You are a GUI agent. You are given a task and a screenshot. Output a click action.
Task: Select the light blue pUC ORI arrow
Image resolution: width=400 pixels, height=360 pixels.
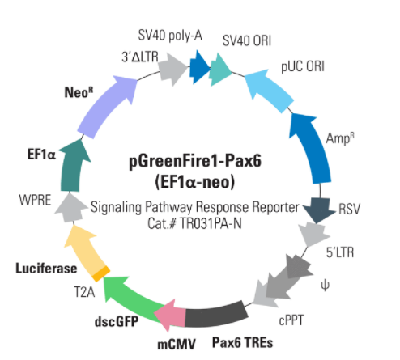coord(270,90)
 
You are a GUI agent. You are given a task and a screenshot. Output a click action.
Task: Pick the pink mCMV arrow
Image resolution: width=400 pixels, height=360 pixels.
coord(171,315)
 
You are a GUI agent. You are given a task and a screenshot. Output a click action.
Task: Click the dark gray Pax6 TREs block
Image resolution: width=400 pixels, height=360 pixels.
coord(216,314)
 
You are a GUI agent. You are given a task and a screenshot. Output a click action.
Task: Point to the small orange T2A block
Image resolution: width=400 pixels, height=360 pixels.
coord(101,273)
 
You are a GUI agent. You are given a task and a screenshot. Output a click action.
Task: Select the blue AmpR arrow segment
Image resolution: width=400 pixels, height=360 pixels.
coord(313,148)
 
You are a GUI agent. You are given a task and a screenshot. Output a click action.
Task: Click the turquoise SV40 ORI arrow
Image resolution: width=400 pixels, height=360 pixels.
coord(219,70)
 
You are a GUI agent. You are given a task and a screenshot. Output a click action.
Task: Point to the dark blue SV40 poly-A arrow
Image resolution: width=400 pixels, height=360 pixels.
coord(200,67)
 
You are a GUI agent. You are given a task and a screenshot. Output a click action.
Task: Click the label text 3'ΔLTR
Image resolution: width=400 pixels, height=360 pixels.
coord(140,57)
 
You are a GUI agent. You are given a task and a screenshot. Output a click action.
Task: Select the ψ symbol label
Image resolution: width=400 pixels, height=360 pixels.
coord(325,286)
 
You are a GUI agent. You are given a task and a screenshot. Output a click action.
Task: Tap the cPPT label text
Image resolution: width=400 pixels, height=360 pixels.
coord(291,320)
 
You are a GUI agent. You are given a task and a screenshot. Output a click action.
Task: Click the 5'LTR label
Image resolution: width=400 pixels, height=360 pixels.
coord(340,252)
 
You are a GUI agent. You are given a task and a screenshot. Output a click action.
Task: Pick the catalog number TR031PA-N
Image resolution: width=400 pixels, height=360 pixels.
coord(211,223)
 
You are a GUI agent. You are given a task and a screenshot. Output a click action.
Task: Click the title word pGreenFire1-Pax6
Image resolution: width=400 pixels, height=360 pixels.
coord(195,161)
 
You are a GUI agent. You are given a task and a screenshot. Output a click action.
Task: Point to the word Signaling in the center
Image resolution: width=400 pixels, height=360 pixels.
coord(116,208)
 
